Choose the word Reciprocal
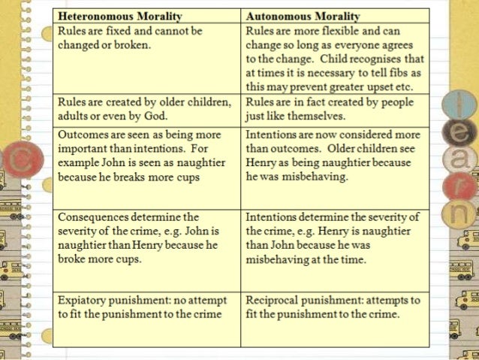click(x=278, y=300)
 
